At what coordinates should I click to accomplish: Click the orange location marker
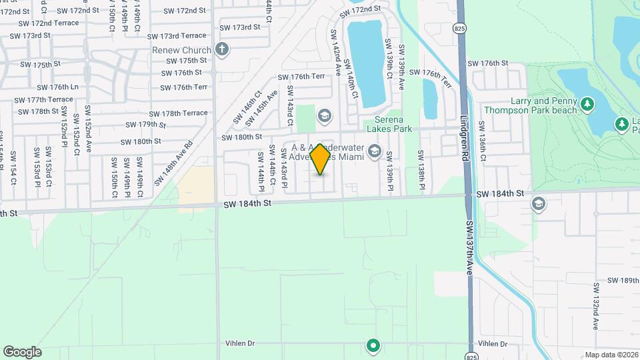click(321, 159)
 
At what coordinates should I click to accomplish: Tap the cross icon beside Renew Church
click(222, 49)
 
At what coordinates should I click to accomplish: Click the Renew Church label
click(181, 50)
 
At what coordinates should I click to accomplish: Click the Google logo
click(22, 352)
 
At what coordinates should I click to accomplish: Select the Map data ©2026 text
click(611, 355)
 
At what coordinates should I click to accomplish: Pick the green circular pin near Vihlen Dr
click(373, 345)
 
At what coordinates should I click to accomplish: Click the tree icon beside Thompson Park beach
click(587, 104)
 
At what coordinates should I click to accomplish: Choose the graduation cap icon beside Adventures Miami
click(374, 153)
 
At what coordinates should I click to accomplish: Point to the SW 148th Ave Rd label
click(173, 163)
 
